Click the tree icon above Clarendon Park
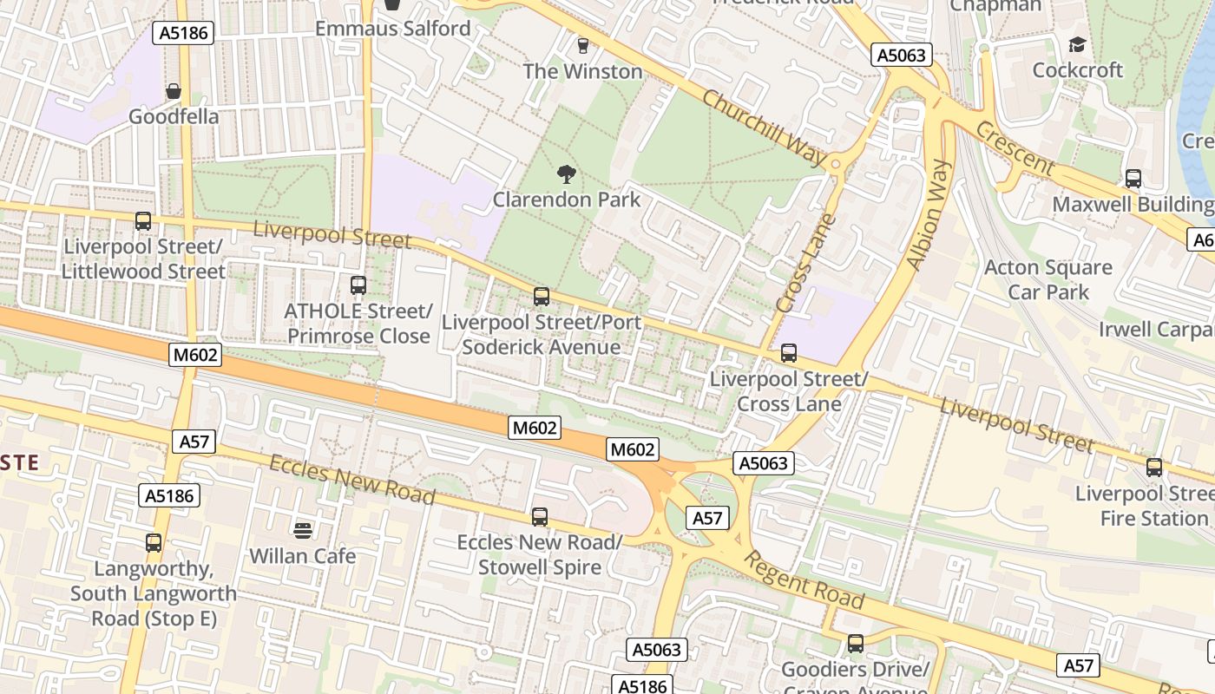coord(567,174)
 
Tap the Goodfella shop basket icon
coord(174,91)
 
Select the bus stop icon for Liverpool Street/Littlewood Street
coord(143,221)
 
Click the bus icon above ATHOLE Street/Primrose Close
coord(358,285)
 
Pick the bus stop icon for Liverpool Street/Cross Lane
coord(788,353)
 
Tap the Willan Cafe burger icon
coord(303,530)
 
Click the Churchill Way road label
coord(764,128)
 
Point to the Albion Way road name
coord(929,215)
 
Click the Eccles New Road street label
coord(351,479)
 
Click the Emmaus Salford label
coord(392,28)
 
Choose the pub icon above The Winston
coord(582,45)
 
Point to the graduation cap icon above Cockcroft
coord(1077,44)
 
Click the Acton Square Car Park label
coord(1048,279)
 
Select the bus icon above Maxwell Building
coord(1133,179)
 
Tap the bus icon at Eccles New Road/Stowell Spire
coord(540,517)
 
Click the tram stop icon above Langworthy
coord(154,543)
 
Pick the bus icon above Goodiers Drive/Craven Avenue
coord(855,644)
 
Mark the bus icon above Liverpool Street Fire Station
coord(1154,468)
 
